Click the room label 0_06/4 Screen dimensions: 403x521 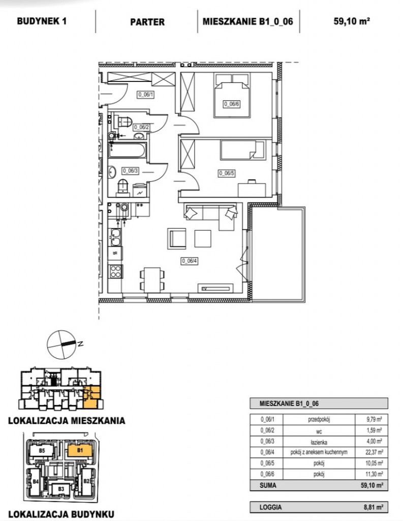[x=190, y=261]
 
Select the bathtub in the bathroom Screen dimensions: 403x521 [x=127, y=151]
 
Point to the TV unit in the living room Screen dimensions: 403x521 [x=216, y=288]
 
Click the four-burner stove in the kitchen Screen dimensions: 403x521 [x=115, y=271]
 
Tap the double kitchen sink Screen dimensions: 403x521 [x=115, y=238]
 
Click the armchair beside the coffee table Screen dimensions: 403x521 [x=177, y=238]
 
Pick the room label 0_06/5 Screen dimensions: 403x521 [x=227, y=173]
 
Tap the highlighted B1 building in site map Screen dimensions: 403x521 [x=80, y=451]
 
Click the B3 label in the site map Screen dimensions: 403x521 [x=61, y=489]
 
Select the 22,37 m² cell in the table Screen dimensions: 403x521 [x=374, y=452]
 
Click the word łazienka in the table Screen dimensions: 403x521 [x=319, y=442]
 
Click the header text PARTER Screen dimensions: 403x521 [x=147, y=22]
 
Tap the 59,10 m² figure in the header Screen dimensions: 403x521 [x=352, y=21]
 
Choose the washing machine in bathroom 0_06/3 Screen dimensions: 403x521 [x=139, y=190]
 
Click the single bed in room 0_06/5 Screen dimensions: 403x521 [x=243, y=149]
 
